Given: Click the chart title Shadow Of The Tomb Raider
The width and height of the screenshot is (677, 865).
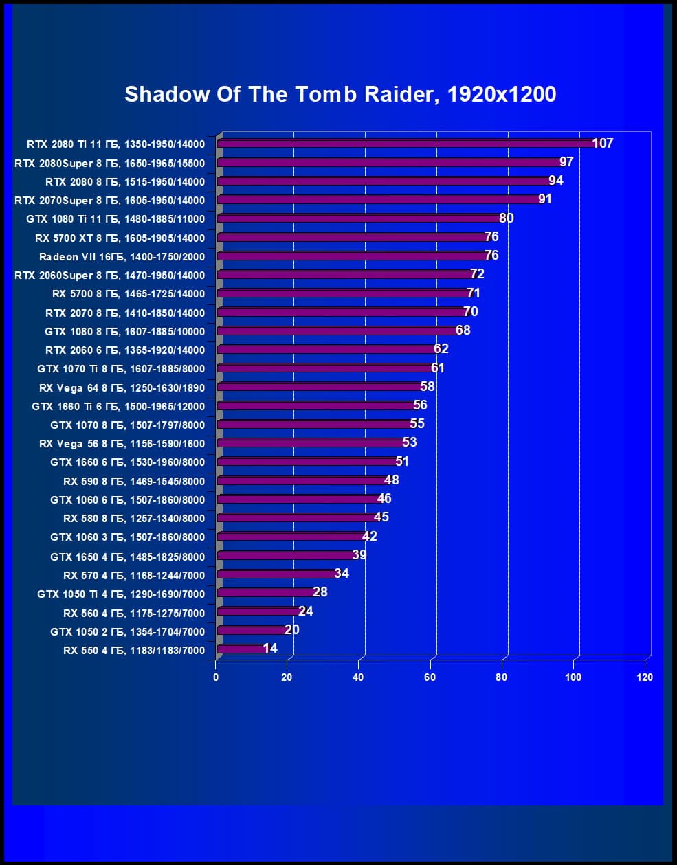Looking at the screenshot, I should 340,94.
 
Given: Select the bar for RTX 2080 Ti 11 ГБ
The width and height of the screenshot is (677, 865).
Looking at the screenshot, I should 406,144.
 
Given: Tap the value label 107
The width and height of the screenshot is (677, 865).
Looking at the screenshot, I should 603,143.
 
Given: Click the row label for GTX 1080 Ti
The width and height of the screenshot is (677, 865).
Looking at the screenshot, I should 115,219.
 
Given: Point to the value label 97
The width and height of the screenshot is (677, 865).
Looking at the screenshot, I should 566,161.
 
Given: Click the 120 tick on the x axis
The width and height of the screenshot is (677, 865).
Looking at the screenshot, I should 645,677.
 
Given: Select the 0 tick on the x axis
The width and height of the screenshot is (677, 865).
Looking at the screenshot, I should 216,677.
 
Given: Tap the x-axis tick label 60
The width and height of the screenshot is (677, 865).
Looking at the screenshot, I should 430,677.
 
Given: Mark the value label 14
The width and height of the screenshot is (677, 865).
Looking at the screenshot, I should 270,648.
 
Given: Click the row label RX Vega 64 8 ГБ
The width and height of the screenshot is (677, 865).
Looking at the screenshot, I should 122,387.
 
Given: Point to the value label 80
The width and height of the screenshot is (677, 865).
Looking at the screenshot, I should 507,218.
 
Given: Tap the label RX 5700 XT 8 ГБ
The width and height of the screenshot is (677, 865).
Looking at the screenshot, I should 120,238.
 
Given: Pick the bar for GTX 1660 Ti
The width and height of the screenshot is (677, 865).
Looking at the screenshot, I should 316,406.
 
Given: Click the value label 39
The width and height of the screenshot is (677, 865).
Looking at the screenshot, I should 359,554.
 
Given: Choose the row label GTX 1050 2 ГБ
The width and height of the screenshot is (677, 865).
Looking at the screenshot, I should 127,631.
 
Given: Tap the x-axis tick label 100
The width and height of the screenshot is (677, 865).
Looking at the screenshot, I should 573,677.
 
